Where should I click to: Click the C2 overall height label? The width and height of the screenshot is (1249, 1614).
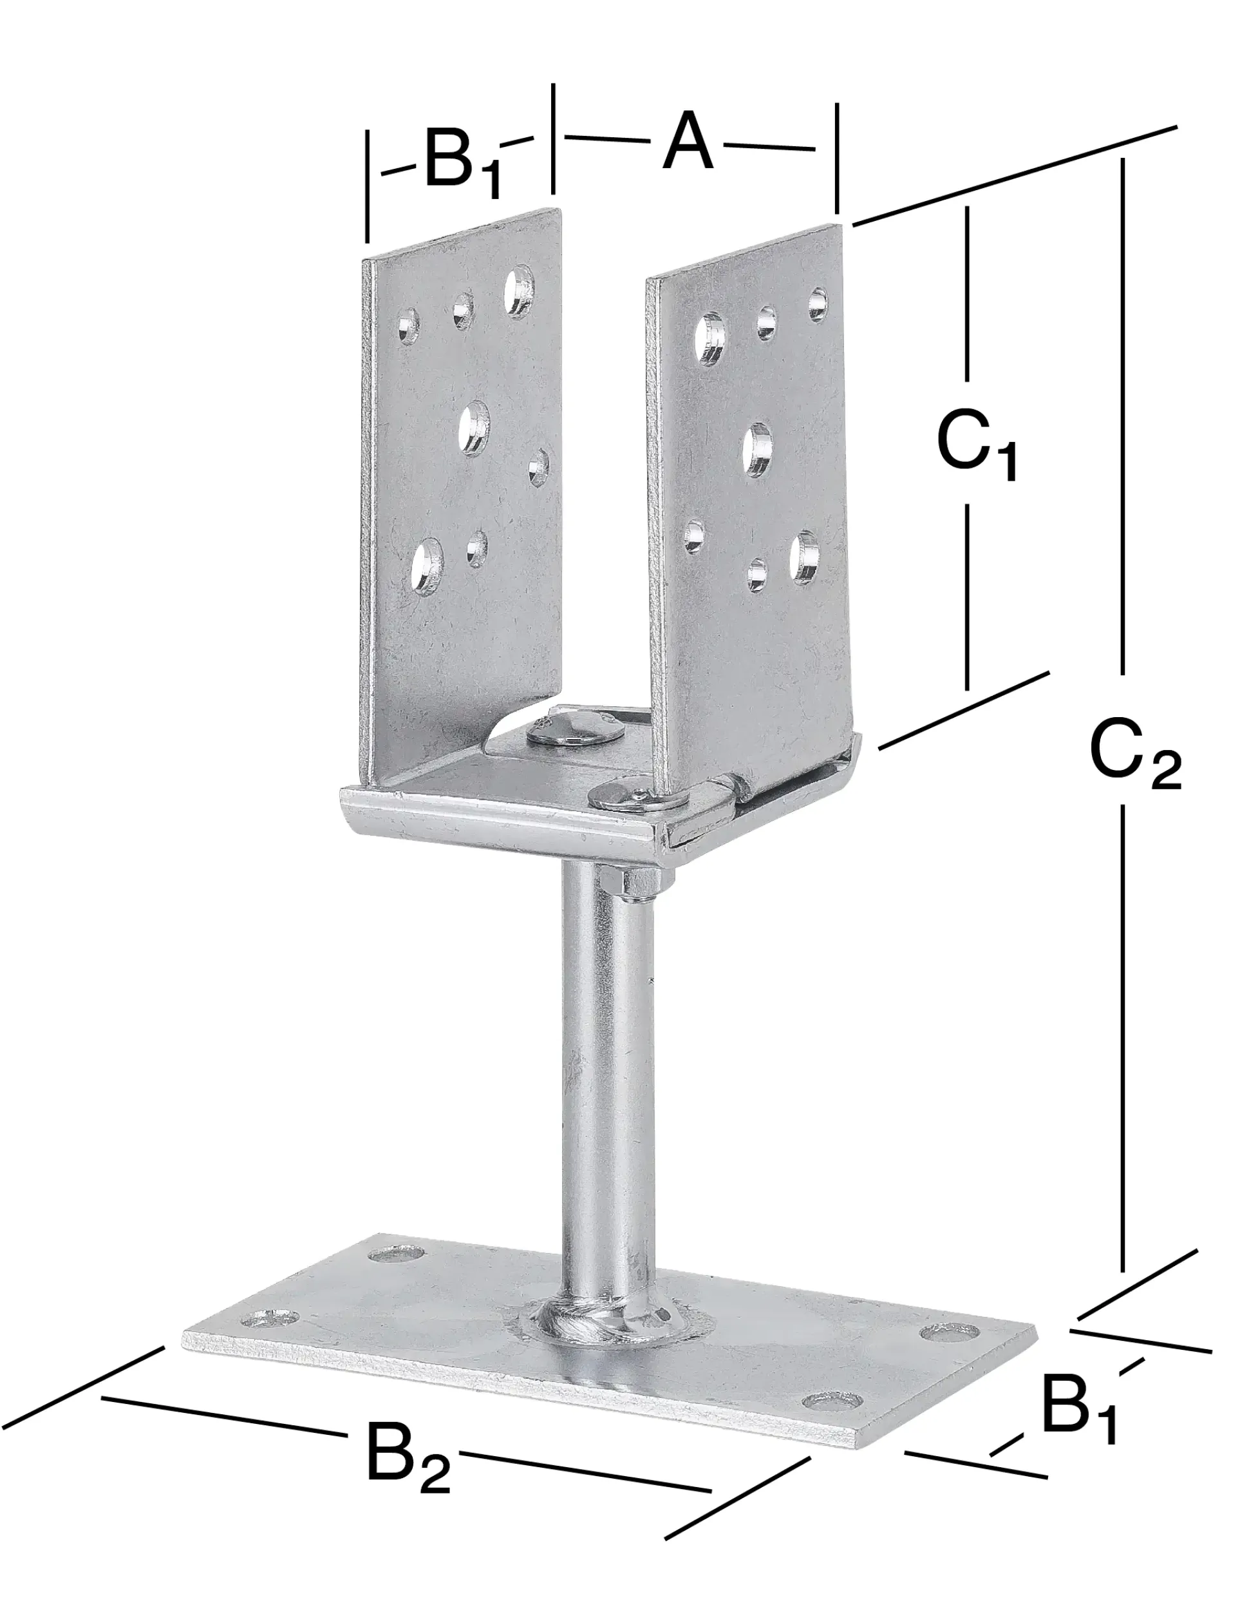click(x=1135, y=754)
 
